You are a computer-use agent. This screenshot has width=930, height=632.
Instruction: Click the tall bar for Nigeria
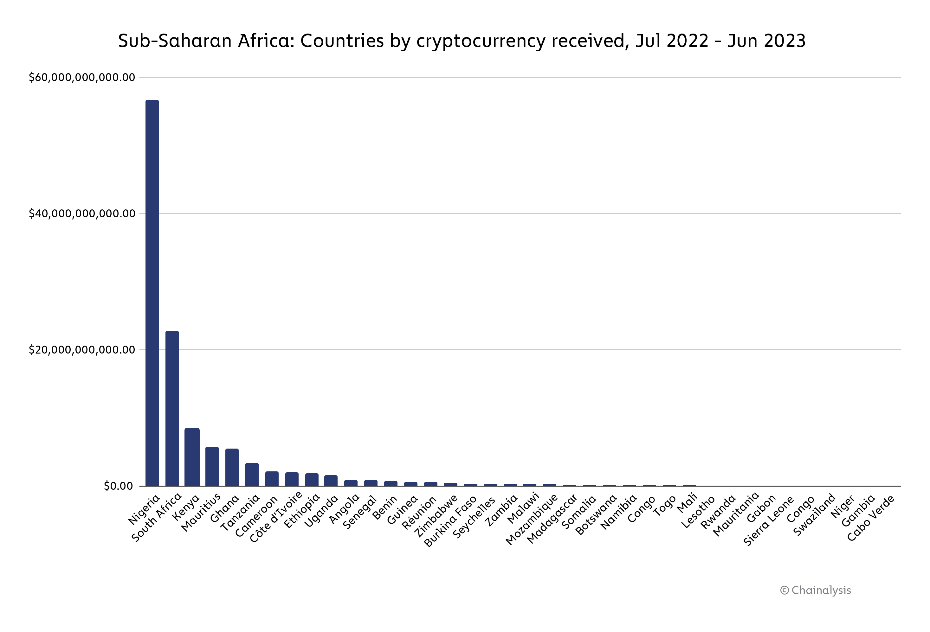coord(152,292)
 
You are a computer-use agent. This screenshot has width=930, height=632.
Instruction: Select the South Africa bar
coord(172,408)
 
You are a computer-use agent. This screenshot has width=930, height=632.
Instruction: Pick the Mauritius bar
coord(212,466)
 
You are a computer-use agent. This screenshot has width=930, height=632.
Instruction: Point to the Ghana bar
coord(232,467)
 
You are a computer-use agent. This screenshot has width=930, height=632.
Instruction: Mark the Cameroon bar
coord(272,478)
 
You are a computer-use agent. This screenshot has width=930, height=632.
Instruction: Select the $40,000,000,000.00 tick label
coord(82,214)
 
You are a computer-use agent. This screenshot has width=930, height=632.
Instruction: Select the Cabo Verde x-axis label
coord(871,518)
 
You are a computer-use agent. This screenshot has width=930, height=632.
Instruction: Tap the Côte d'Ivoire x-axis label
coord(276,517)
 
